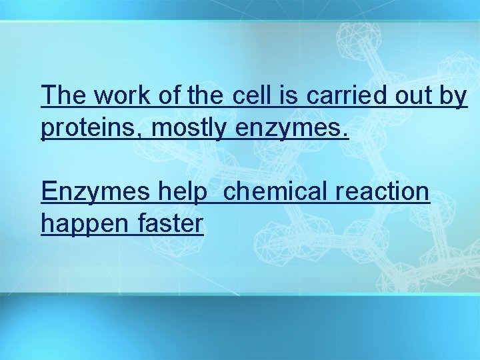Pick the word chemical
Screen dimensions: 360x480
click(276, 192)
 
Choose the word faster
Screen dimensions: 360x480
click(171, 224)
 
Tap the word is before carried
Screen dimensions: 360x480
click(290, 96)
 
